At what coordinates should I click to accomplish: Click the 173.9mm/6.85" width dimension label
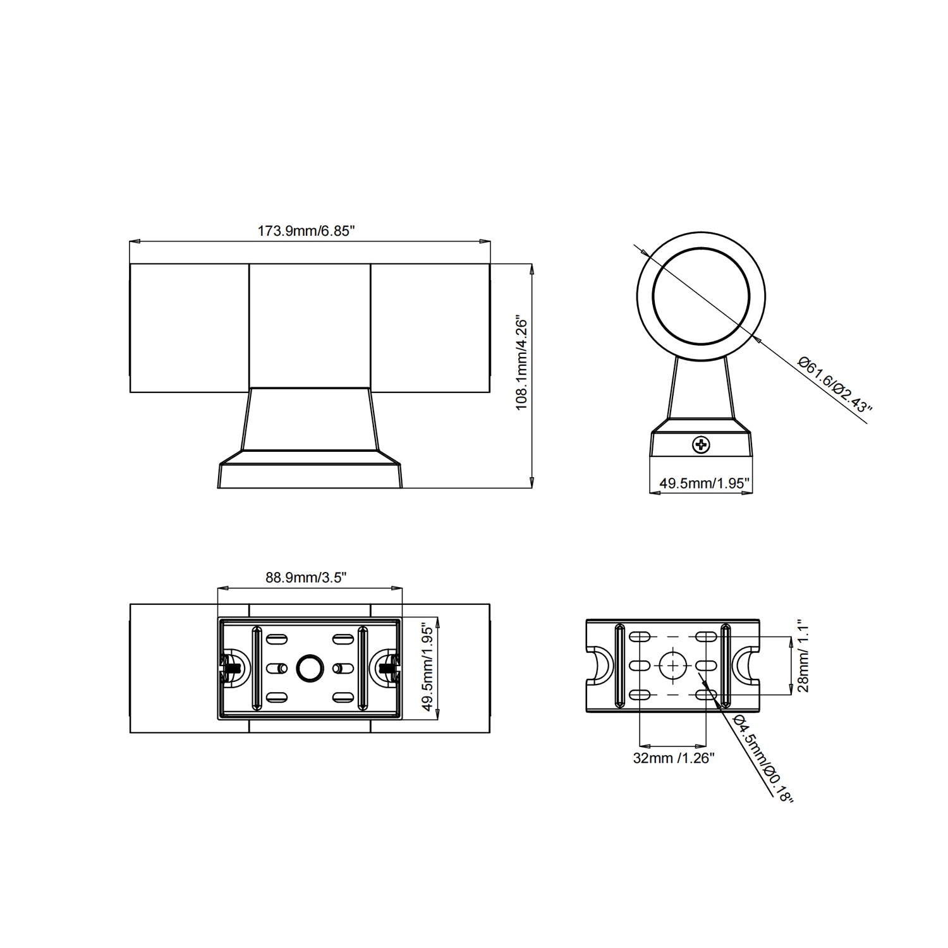click(x=307, y=231)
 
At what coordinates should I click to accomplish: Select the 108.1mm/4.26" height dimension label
click(x=522, y=362)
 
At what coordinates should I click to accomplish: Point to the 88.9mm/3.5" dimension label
click(x=307, y=578)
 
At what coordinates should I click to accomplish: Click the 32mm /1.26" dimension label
click(x=674, y=758)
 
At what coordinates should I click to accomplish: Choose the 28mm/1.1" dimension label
click(x=803, y=655)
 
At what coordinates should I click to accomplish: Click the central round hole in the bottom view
click(x=310, y=668)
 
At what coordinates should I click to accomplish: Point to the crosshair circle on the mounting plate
click(x=674, y=665)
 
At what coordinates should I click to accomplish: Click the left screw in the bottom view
click(x=231, y=667)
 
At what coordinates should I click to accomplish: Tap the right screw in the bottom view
click(x=387, y=667)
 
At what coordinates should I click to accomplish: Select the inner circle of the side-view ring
click(x=702, y=296)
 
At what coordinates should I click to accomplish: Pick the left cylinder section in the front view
click(x=190, y=327)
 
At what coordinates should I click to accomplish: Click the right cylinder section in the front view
click(x=430, y=327)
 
